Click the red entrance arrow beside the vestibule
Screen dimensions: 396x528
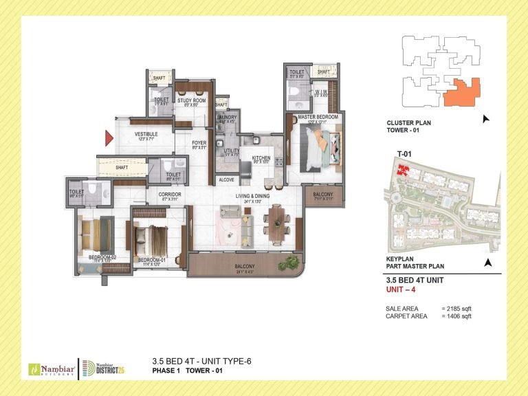tap(109, 138)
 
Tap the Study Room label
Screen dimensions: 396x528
tap(191, 101)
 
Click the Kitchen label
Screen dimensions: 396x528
tap(261, 158)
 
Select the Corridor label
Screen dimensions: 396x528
tap(169, 195)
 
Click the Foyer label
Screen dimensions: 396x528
tap(199, 144)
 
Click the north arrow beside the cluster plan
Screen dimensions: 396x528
tap(487, 119)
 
